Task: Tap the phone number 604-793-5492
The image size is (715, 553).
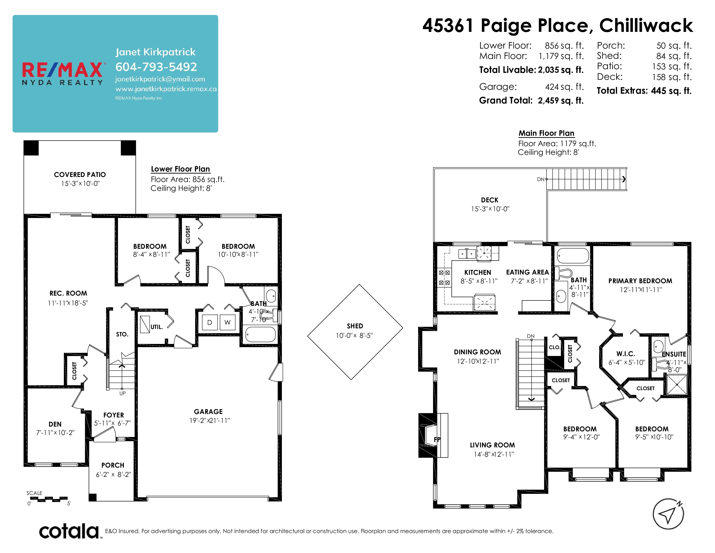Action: click(156, 67)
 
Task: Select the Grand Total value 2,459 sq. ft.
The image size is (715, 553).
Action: click(561, 101)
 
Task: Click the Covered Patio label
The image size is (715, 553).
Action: click(80, 175)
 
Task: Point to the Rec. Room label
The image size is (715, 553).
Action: click(68, 293)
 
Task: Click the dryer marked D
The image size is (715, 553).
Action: click(210, 322)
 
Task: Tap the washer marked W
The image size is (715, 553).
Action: click(227, 322)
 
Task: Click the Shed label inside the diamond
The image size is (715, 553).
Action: click(355, 326)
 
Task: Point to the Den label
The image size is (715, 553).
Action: click(55, 424)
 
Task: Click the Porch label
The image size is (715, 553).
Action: click(113, 465)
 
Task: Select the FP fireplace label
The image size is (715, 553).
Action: click(437, 440)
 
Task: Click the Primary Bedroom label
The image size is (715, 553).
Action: click(640, 281)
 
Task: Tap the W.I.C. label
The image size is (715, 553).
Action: click(626, 354)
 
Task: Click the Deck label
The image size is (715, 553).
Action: click(490, 200)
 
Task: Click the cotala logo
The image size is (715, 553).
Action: click(69, 531)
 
